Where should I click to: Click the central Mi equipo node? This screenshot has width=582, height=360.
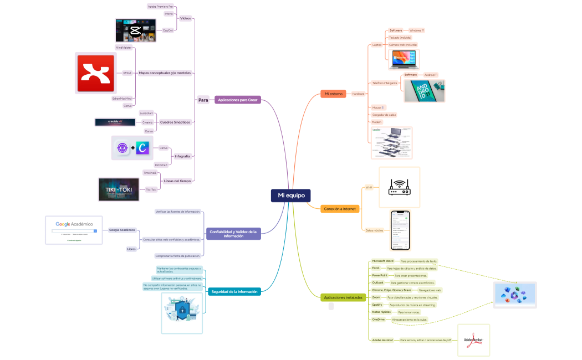tap(291, 196)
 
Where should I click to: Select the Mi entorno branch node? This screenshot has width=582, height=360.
tap(334, 94)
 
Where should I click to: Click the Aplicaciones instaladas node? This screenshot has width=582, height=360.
tap(343, 297)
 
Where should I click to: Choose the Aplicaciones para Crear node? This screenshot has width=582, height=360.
tap(237, 100)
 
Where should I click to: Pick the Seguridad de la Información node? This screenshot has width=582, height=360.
tap(235, 291)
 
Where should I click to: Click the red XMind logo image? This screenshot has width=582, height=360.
tap(95, 73)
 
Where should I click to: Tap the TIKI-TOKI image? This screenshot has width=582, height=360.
tap(118, 189)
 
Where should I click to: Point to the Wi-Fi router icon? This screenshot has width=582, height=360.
tap(399, 187)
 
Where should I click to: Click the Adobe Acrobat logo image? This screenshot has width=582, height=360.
tap(473, 340)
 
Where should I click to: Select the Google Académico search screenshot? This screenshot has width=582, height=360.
tap(74, 230)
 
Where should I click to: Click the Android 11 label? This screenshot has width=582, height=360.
tap(430, 75)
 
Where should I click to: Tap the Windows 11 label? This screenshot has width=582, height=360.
tap(416, 30)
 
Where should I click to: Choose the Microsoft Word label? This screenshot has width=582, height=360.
tap(382, 260)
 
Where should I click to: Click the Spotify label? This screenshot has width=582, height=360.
tap(377, 305)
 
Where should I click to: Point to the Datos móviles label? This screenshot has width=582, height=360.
tap(374, 230)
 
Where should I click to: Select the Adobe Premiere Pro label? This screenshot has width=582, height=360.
tap(160, 6)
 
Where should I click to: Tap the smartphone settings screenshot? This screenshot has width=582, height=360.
tap(400, 230)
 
